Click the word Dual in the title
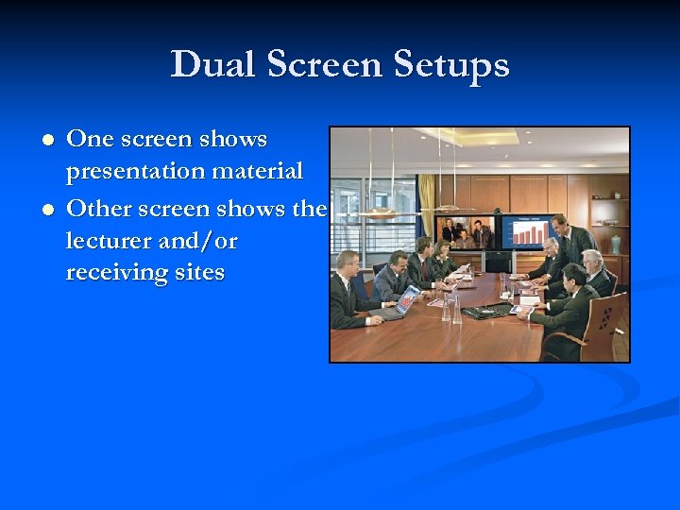coord(213,65)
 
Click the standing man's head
coord(560,223)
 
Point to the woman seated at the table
coord(441,263)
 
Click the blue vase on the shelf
coord(616,244)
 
